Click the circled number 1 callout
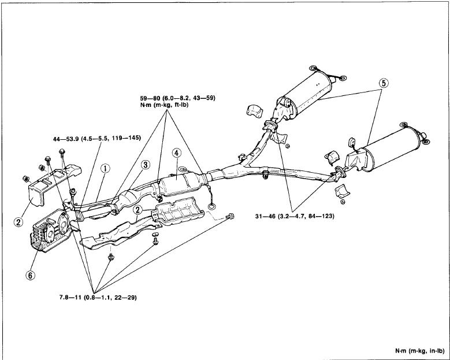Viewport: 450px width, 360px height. click(x=105, y=169)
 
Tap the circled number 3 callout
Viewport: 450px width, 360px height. click(x=146, y=165)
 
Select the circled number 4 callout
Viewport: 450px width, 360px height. click(x=177, y=153)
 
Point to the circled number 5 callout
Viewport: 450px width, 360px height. click(x=384, y=83)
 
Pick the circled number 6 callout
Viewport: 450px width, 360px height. click(x=31, y=275)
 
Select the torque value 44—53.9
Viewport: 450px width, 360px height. click(x=66, y=138)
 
